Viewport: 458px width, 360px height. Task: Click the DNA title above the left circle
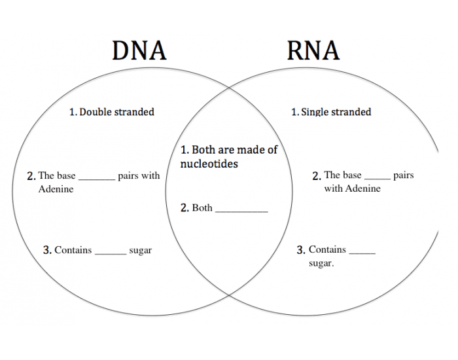click(x=139, y=50)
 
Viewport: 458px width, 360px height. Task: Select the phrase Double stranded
click(x=116, y=112)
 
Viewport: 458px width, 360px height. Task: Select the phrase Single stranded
click(x=336, y=112)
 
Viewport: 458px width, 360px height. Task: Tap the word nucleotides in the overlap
click(x=209, y=164)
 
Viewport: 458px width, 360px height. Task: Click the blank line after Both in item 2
click(x=241, y=210)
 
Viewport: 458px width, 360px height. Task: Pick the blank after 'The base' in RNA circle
click(x=377, y=177)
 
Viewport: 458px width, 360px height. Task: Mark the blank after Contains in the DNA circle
click(x=111, y=253)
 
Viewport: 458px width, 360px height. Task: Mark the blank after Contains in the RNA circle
click(x=362, y=252)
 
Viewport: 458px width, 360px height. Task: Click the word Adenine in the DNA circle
click(x=56, y=189)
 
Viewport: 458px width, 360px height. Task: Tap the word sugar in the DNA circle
click(x=141, y=251)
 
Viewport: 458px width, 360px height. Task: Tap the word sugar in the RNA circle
click(x=321, y=264)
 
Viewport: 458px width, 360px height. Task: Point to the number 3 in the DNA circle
click(x=46, y=250)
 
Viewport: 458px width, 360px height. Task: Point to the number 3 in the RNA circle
click(x=300, y=250)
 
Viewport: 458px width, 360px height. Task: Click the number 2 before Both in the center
click(x=184, y=208)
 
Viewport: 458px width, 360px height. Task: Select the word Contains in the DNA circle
click(x=73, y=250)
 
